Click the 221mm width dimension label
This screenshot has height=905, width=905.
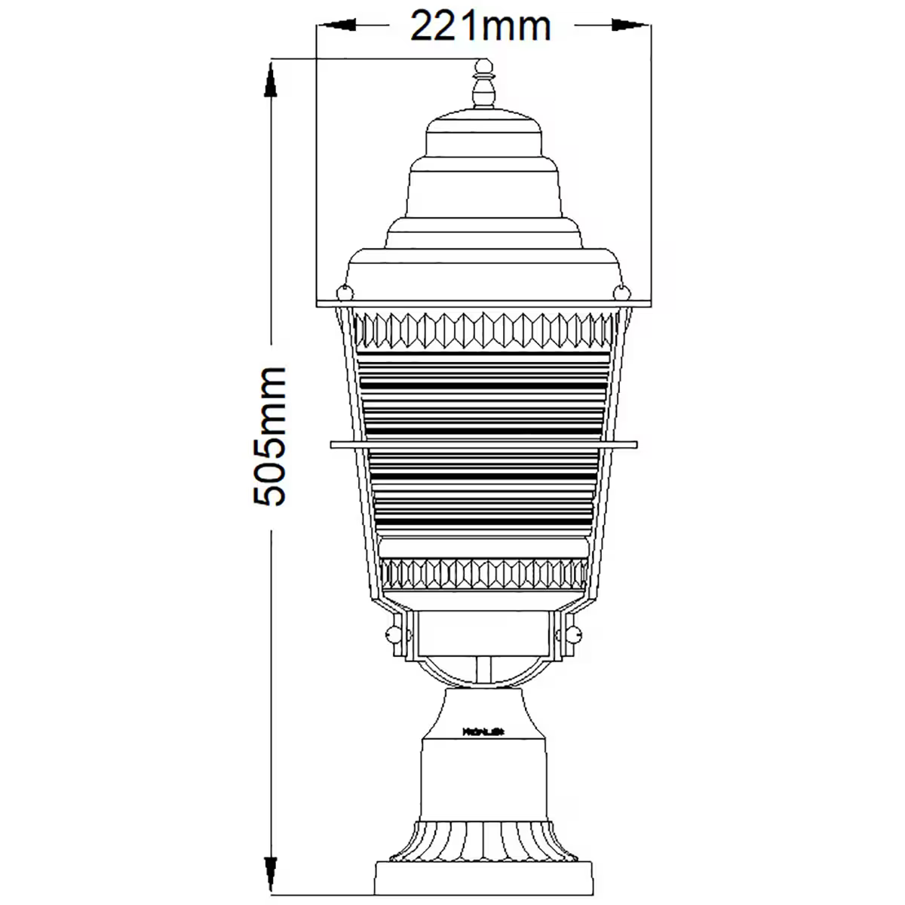(x=480, y=26)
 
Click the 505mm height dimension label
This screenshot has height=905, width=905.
(x=269, y=436)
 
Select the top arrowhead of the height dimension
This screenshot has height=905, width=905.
(x=269, y=79)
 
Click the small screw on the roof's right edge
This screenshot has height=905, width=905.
(x=622, y=290)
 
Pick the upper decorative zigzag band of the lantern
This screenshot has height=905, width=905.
(x=483, y=330)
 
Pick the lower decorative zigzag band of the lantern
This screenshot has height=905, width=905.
(x=483, y=574)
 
